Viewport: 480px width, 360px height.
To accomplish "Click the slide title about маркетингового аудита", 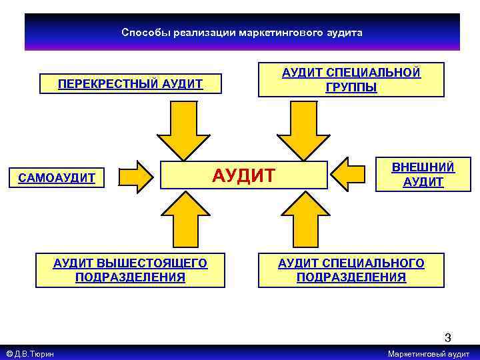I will [242, 33].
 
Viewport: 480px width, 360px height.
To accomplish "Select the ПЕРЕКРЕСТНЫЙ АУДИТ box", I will [130, 84].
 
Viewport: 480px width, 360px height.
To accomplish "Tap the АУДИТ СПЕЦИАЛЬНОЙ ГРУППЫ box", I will [351, 80].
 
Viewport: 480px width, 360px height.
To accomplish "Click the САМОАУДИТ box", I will [57, 178].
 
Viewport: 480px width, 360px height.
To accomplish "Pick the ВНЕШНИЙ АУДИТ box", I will [423, 175].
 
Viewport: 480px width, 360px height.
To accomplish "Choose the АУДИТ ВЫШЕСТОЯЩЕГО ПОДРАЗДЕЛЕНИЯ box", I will [130, 270].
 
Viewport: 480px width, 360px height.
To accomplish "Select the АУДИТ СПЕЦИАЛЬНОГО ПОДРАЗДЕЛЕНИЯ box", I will [351, 270].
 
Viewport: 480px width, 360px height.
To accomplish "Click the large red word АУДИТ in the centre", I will [243, 176].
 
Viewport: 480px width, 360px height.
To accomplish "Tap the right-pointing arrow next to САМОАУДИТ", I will [137, 176].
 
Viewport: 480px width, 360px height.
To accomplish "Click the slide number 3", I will [448, 338].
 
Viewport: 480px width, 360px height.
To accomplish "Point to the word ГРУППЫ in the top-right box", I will [351, 87].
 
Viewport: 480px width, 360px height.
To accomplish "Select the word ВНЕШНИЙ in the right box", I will [423, 167].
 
